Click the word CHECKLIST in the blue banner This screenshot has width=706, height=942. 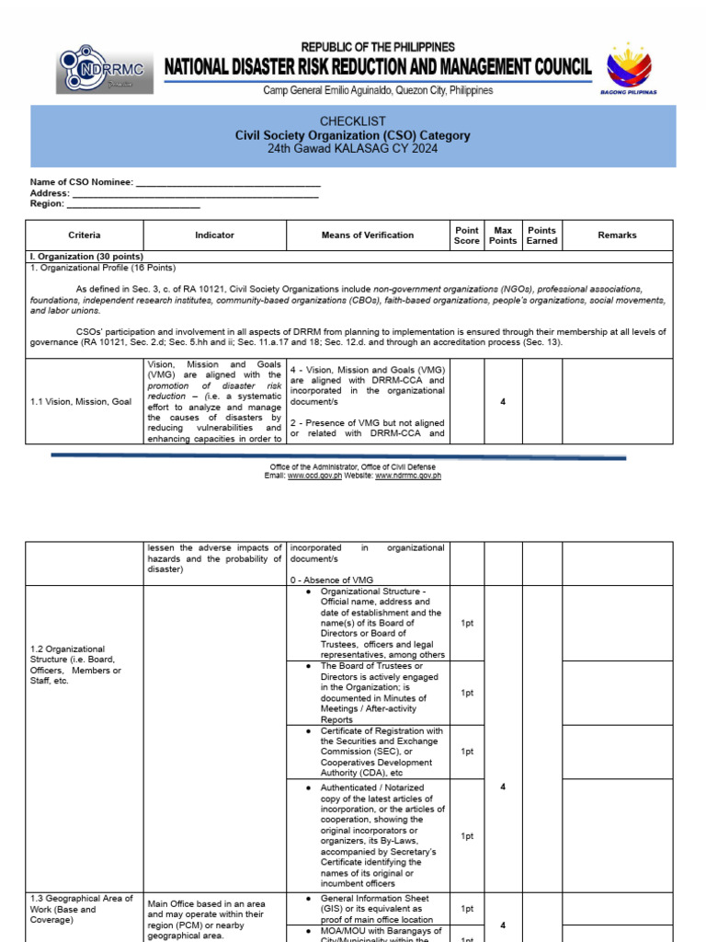(x=352, y=121)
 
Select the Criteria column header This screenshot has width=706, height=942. (x=85, y=235)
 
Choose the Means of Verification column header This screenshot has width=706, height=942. (x=368, y=235)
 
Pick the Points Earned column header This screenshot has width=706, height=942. (x=541, y=235)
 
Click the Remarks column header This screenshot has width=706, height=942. (x=617, y=235)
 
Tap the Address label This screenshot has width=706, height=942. (x=49, y=193)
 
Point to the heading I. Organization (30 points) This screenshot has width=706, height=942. (x=86, y=257)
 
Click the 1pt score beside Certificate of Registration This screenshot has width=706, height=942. (x=467, y=752)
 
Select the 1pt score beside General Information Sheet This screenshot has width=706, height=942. (x=467, y=909)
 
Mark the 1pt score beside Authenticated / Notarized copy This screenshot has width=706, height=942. (x=467, y=836)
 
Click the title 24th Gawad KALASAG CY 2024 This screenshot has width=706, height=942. (x=352, y=148)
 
